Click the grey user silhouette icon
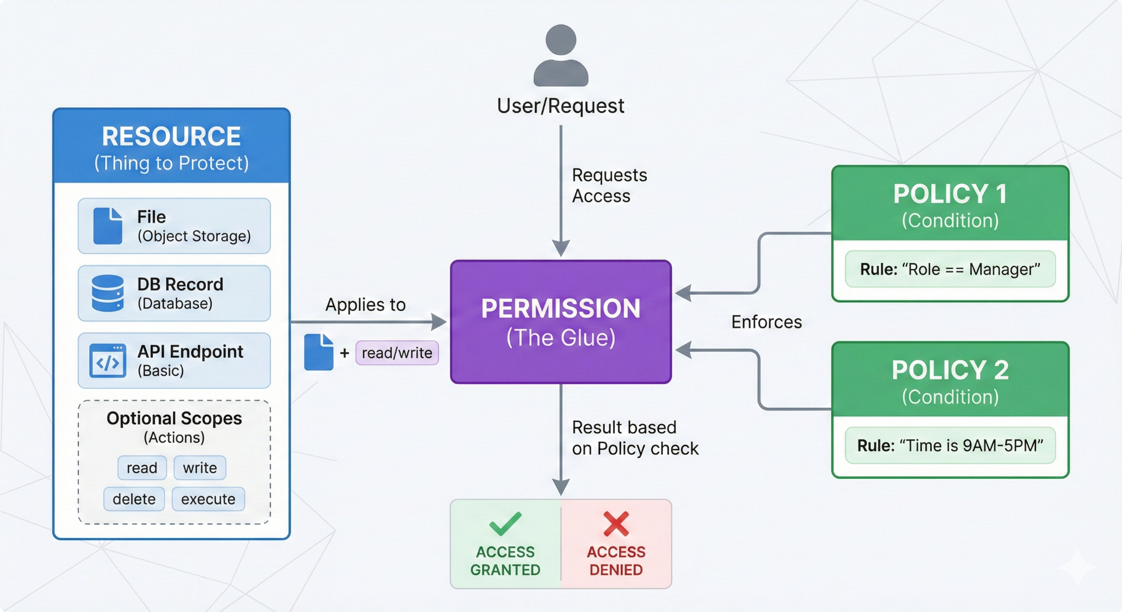coord(560,56)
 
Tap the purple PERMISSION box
coord(560,322)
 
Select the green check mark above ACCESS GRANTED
coord(505,523)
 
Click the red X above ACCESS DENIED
coord(616,523)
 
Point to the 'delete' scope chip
coord(134,499)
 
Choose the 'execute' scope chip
coord(208,499)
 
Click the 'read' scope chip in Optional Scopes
coord(142,468)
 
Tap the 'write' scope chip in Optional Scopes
coord(200,468)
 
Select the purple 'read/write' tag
coord(397,353)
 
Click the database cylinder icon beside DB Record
coord(107,293)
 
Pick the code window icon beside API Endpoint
coord(107,361)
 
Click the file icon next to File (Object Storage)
coord(107,226)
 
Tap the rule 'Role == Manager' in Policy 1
coord(950,269)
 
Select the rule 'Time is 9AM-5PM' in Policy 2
coord(950,445)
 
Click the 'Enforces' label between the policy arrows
coord(766,322)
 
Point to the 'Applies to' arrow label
coord(365,305)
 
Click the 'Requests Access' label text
coord(609,185)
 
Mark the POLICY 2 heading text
coord(950,370)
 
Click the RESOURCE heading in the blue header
coord(171,136)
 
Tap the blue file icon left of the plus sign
coord(319,352)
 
